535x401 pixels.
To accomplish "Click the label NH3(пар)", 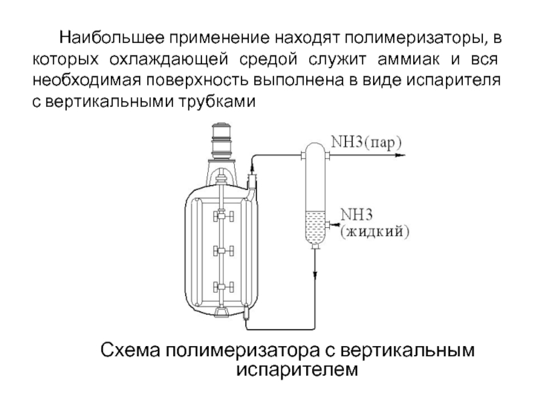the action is point(366,142).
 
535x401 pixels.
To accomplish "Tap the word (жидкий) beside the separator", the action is point(375,232).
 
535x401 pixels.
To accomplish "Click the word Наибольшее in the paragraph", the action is point(112,37).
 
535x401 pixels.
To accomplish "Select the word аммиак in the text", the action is point(409,59).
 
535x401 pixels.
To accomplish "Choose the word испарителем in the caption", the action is point(297,370).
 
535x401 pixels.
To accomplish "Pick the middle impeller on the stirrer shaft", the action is point(223,251).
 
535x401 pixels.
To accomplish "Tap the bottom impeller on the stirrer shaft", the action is point(223,287).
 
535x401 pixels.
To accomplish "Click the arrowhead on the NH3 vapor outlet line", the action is point(400,156).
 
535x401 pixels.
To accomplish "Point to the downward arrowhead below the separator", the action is point(315,275).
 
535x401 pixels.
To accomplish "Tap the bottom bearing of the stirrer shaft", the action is point(222,311).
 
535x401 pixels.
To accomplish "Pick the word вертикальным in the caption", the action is point(407,351).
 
